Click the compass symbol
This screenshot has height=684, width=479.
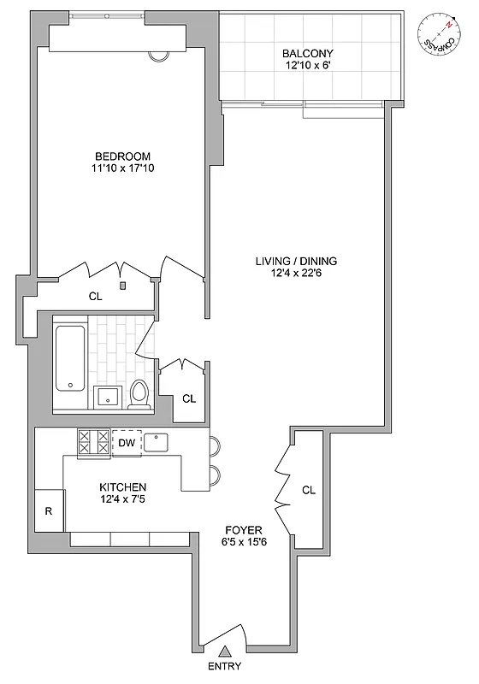[440, 34]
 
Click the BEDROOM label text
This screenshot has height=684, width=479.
[122, 156]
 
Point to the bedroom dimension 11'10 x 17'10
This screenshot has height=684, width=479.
[122, 168]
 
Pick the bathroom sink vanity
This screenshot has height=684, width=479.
[107, 396]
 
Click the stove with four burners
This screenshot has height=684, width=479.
[94, 442]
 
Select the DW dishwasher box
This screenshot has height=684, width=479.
[126, 442]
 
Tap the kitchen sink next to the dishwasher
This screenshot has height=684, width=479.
[157, 442]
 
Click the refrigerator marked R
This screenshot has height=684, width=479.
[50, 512]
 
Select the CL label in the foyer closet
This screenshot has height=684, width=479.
[309, 490]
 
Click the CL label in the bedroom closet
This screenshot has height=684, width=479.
[96, 297]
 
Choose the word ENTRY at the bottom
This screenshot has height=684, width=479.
[224, 667]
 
